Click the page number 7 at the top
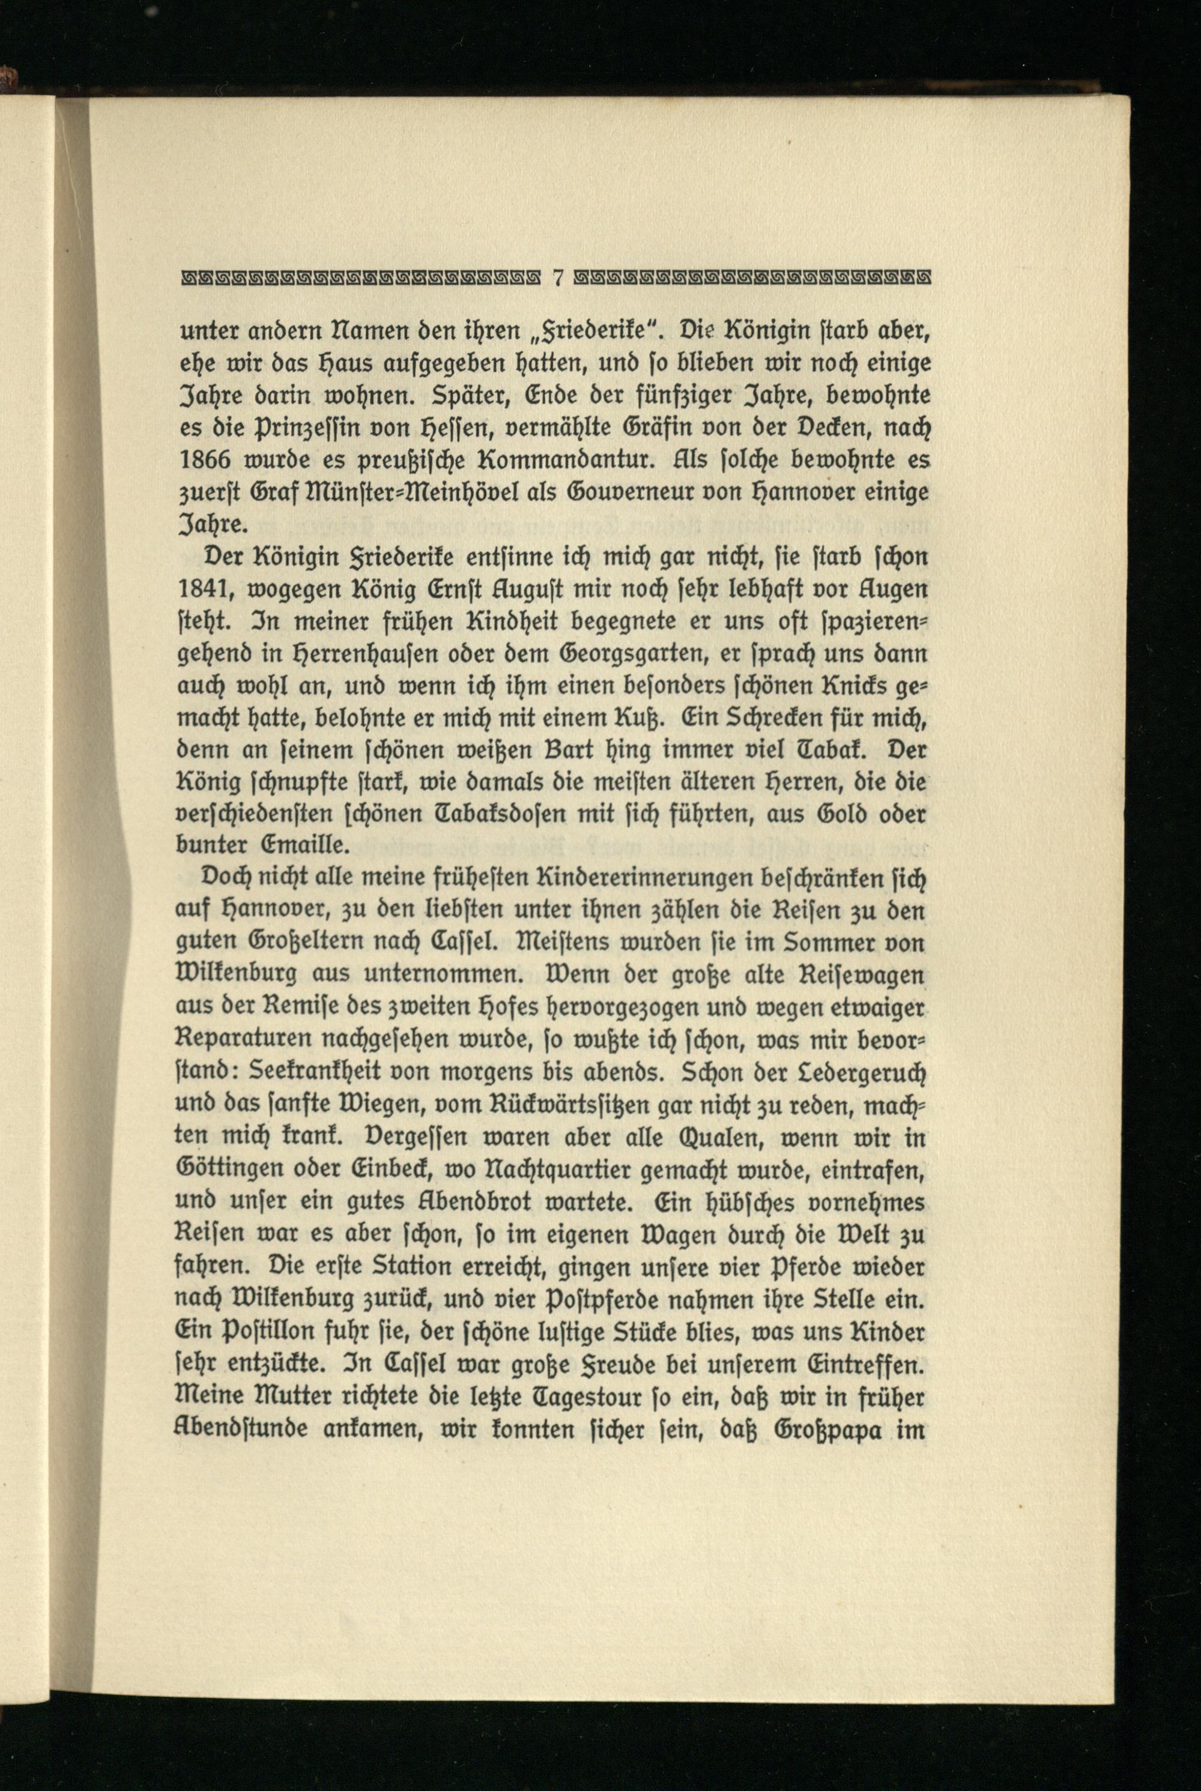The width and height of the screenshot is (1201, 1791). click(x=558, y=277)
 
